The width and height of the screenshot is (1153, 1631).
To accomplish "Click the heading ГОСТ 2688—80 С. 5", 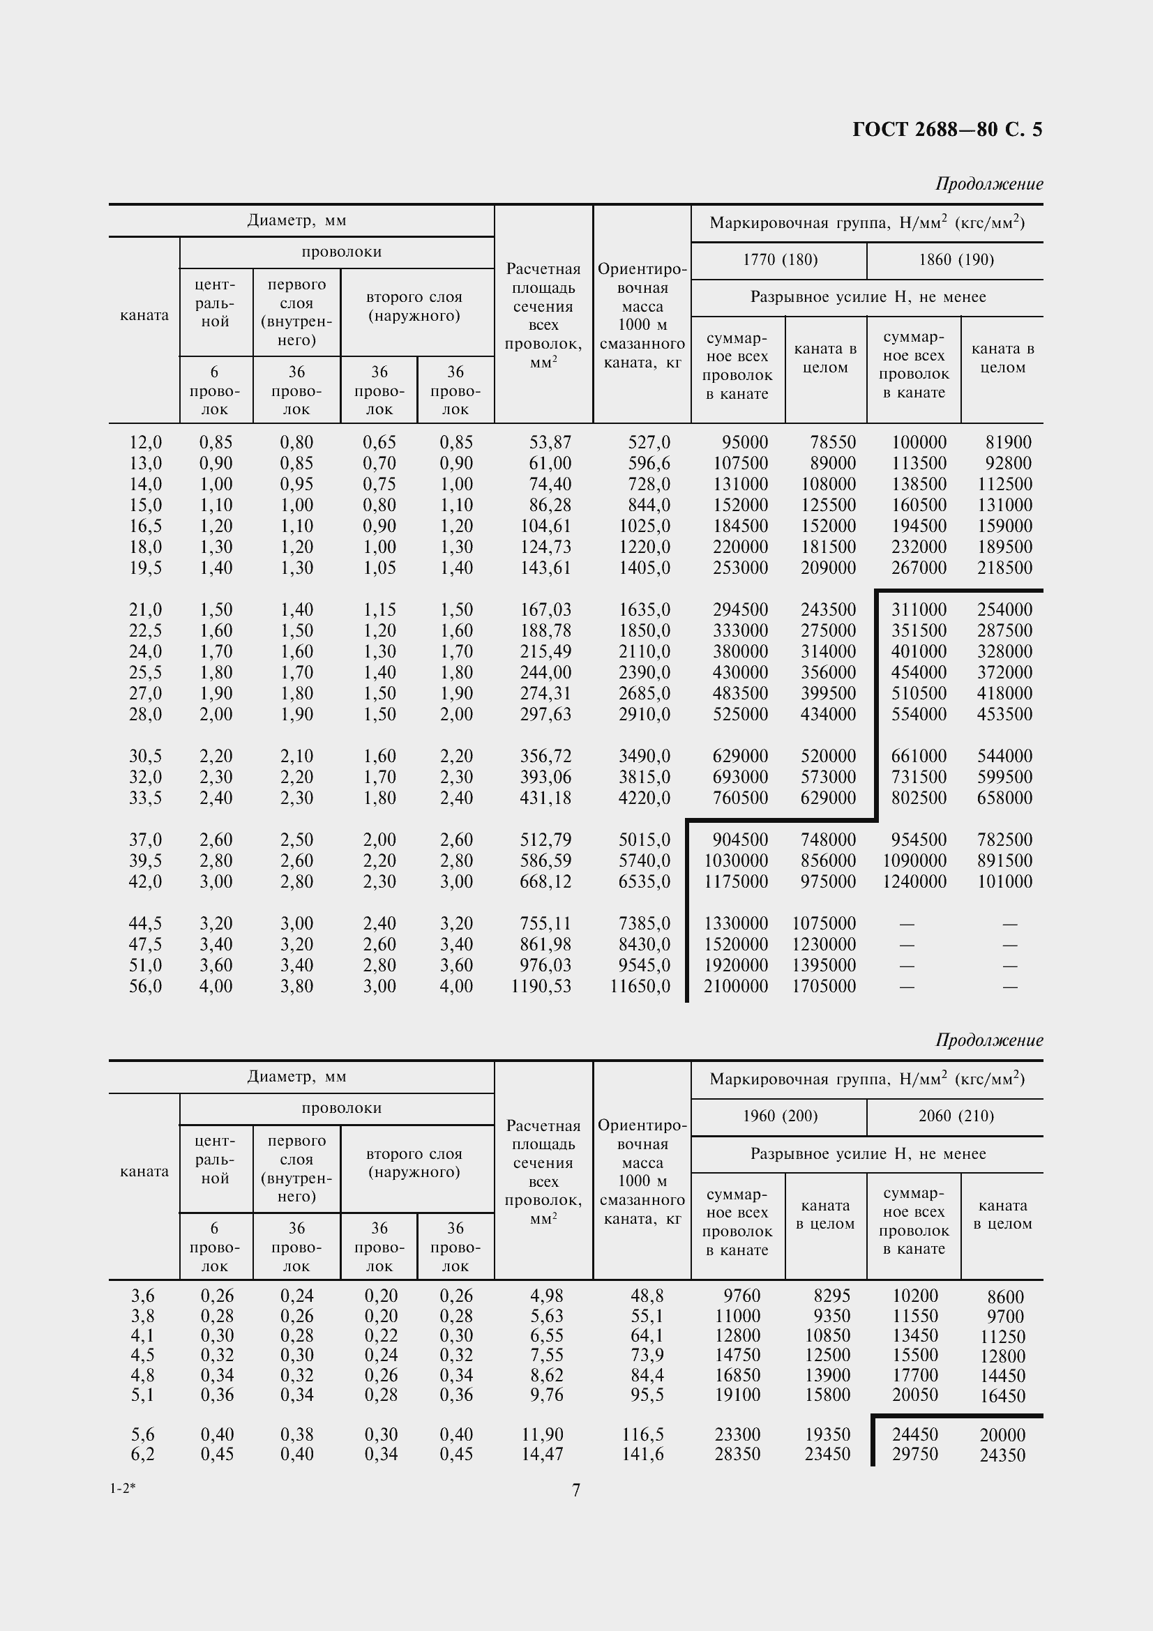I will pyautogui.click(x=947, y=129).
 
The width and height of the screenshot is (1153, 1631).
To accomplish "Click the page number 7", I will pyautogui.click(x=576, y=1489).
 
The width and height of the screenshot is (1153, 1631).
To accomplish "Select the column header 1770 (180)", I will pyautogui.click(x=780, y=260).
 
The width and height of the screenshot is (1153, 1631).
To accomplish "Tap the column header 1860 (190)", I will pyautogui.click(x=956, y=260).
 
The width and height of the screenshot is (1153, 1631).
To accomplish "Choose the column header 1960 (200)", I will pyautogui.click(x=780, y=1116).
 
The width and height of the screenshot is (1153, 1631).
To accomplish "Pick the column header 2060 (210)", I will pyautogui.click(x=956, y=1116).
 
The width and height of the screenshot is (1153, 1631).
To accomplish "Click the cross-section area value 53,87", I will pyautogui.click(x=550, y=443).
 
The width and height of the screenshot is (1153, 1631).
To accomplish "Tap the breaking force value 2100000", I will pyautogui.click(x=735, y=986).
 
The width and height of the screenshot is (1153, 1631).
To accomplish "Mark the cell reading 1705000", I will pyautogui.click(x=824, y=986).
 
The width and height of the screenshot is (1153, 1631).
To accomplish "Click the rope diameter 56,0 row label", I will pyautogui.click(x=145, y=986).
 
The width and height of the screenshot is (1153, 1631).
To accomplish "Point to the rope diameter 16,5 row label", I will pyautogui.click(x=145, y=526).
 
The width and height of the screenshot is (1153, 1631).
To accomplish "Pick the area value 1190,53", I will pyautogui.click(x=541, y=986).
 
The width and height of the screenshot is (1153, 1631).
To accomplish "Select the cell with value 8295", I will pyautogui.click(x=829, y=1296).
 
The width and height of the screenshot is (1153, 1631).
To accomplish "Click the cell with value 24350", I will pyautogui.click(x=1002, y=1455).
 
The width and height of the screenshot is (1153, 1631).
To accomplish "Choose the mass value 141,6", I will pyautogui.click(x=643, y=1454).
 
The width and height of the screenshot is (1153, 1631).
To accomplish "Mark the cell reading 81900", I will pyautogui.click(x=1008, y=443).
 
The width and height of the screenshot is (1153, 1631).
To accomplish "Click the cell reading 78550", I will pyautogui.click(x=833, y=443).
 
